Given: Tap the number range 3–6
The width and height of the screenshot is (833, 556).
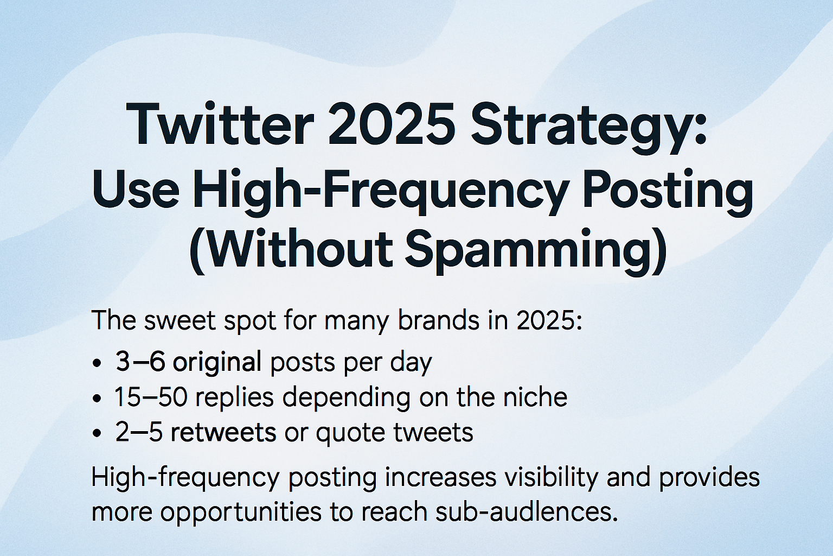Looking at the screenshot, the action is (x=140, y=362).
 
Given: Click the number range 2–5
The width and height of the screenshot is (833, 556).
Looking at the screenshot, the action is (x=139, y=432).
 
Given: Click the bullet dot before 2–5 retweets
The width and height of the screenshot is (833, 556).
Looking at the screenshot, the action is (x=98, y=434).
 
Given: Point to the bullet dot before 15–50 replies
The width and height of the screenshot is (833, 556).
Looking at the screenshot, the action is (x=98, y=399).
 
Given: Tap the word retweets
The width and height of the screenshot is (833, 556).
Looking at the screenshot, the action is (x=223, y=433).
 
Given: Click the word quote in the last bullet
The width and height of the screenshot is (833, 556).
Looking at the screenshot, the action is (x=347, y=434).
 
